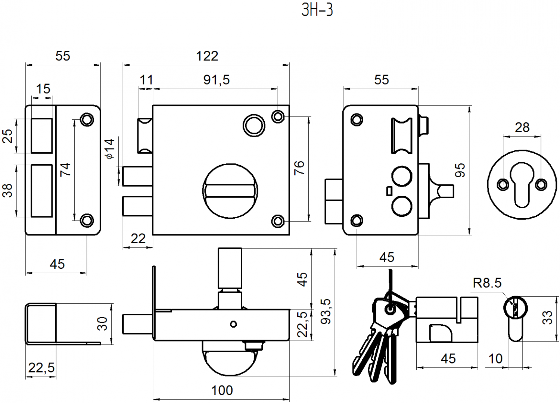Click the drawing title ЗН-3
(317, 10)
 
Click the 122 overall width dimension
(207, 56)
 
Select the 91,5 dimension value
(217, 80)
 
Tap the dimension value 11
(146, 80)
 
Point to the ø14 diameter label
(110, 149)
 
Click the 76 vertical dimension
(299, 168)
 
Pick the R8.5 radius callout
(487, 283)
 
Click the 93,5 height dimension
(326, 311)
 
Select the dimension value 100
(222, 390)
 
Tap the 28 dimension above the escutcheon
(522, 128)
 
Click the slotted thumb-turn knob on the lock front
(230, 190)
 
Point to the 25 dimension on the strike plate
(8, 136)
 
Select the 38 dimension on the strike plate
(8, 190)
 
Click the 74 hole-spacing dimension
(65, 169)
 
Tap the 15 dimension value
(43, 89)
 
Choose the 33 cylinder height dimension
(547, 317)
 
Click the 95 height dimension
(460, 170)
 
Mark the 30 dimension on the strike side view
(102, 323)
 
